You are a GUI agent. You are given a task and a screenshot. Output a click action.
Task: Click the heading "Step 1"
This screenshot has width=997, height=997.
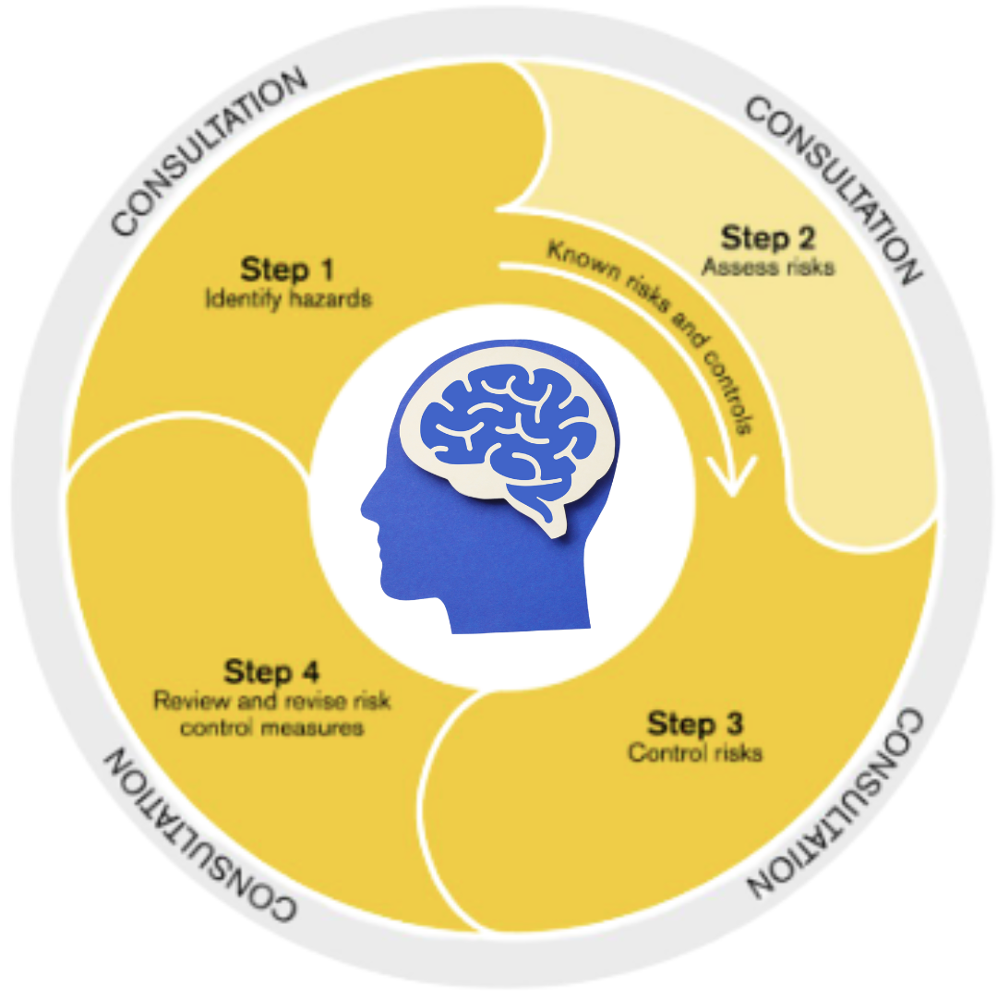[286, 270]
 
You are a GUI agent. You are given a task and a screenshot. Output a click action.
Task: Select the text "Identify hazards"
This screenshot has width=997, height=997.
[289, 300]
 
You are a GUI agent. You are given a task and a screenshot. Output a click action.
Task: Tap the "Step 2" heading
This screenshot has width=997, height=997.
[768, 238]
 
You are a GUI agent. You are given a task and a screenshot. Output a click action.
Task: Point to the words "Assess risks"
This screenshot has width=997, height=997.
[768, 268]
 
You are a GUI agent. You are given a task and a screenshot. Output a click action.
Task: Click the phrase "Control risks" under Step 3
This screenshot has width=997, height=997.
[695, 753]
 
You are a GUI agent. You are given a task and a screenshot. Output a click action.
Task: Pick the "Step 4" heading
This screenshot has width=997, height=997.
[271, 671]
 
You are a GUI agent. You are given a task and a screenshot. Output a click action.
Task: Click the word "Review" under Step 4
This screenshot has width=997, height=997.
[189, 701]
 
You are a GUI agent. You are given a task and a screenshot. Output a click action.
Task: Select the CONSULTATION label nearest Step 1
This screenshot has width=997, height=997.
[208, 148]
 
